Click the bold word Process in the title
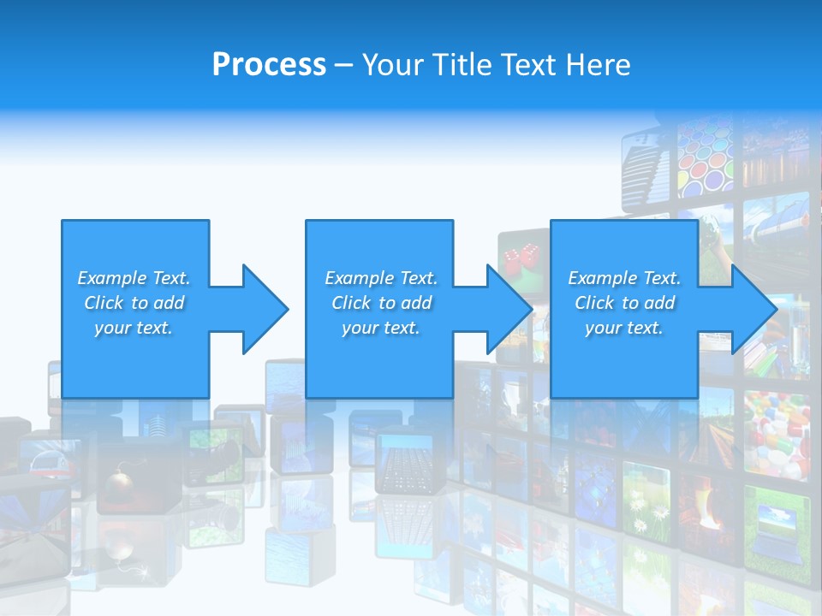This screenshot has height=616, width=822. (x=269, y=65)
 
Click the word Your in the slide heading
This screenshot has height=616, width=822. (x=395, y=65)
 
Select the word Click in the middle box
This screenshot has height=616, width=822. (x=352, y=303)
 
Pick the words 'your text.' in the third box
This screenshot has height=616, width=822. (x=623, y=328)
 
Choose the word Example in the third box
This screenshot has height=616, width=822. (x=601, y=278)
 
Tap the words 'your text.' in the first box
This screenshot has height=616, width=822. (x=133, y=328)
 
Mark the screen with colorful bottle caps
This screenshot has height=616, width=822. (x=776, y=432)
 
